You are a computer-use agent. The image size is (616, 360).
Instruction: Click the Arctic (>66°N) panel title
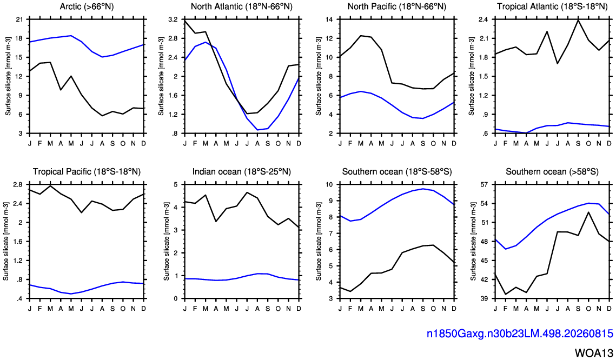(x=87, y=6)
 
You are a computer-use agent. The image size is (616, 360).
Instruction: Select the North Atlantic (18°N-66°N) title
(x=242, y=6)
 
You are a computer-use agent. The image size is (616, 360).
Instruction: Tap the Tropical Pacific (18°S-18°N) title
(x=87, y=171)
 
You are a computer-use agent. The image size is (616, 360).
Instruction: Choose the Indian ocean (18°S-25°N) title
(x=242, y=171)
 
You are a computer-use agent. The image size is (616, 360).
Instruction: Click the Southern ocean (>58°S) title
(x=552, y=171)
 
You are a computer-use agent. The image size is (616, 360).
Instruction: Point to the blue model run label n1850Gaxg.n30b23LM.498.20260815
(x=520, y=334)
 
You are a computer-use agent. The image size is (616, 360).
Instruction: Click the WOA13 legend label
(x=594, y=352)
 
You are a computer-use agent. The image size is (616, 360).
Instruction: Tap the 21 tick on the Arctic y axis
(x=19, y=19)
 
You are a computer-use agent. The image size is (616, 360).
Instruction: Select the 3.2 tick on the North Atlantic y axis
(x=173, y=19)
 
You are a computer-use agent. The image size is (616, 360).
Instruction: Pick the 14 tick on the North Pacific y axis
(x=329, y=19)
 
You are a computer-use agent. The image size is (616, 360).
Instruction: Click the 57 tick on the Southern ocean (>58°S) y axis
(x=485, y=184)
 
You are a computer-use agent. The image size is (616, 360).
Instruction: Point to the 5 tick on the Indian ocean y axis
(x=176, y=184)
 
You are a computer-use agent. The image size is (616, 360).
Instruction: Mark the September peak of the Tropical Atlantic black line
(x=578, y=19)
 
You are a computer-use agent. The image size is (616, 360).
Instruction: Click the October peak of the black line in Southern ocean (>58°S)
(x=588, y=212)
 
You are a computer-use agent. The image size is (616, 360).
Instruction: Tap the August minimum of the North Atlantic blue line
(x=257, y=130)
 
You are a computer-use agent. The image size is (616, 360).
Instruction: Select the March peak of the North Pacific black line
(x=360, y=36)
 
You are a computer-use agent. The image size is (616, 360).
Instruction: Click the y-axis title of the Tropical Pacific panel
(x=6, y=242)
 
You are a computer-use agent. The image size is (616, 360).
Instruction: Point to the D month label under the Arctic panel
(x=144, y=143)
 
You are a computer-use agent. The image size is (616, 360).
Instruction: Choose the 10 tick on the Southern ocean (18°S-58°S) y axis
(x=329, y=184)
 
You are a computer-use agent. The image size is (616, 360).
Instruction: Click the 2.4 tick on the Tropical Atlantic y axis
(x=483, y=19)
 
